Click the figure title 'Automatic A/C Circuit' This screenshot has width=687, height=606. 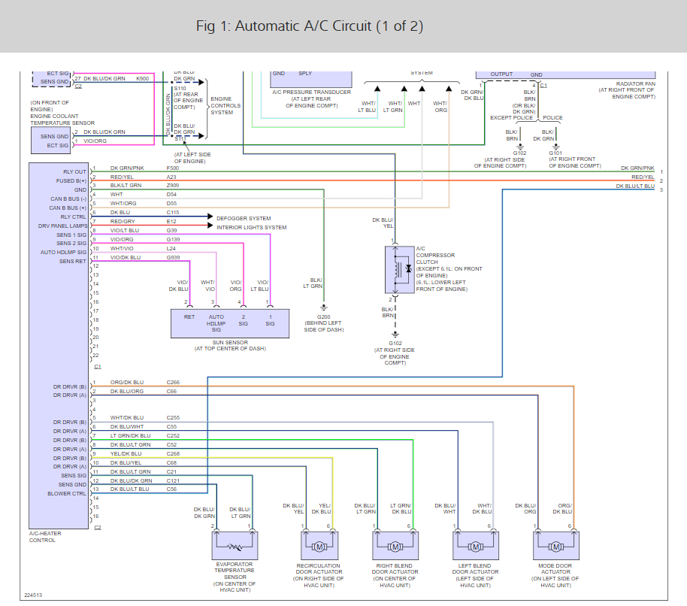click(309, 26)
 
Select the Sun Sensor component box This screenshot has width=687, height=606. click(230, 321)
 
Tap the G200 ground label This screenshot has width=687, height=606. click(324, 317)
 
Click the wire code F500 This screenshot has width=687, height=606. click(173, 168)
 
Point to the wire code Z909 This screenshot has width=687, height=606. click(173, 185)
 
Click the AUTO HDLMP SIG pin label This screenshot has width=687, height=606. click(64, 252)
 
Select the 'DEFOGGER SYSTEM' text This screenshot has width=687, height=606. click(244, 218)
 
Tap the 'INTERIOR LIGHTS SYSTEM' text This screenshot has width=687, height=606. click(252, 227)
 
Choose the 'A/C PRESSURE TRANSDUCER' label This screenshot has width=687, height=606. click(312, 92)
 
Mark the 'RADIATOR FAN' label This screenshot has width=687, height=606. click(635, 83)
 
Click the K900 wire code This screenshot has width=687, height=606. click(142, 78)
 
